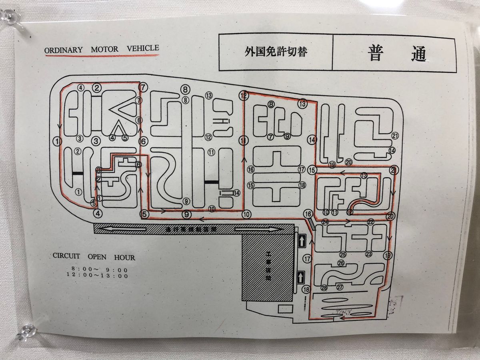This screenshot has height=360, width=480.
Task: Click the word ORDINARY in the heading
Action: (64, 50)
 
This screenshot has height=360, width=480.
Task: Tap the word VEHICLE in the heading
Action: (143, 48)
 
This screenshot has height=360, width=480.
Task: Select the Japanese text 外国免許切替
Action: (276, 52)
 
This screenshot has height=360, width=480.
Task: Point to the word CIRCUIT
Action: (66, 256)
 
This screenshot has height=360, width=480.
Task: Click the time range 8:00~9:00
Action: (100, 269)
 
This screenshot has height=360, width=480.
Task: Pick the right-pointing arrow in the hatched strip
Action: (256, 229)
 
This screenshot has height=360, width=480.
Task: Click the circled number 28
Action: (324, 287)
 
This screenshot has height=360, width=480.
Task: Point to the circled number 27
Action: (340, 287)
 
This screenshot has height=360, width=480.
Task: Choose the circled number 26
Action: (341, 263)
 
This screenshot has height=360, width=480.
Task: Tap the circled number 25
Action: (342, 254)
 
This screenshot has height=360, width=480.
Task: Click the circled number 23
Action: (368, 254)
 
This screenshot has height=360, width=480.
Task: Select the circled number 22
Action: (371, 222)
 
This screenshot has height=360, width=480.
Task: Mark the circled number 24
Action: (325, 222)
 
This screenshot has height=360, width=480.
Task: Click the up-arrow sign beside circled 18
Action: (301, 276)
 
